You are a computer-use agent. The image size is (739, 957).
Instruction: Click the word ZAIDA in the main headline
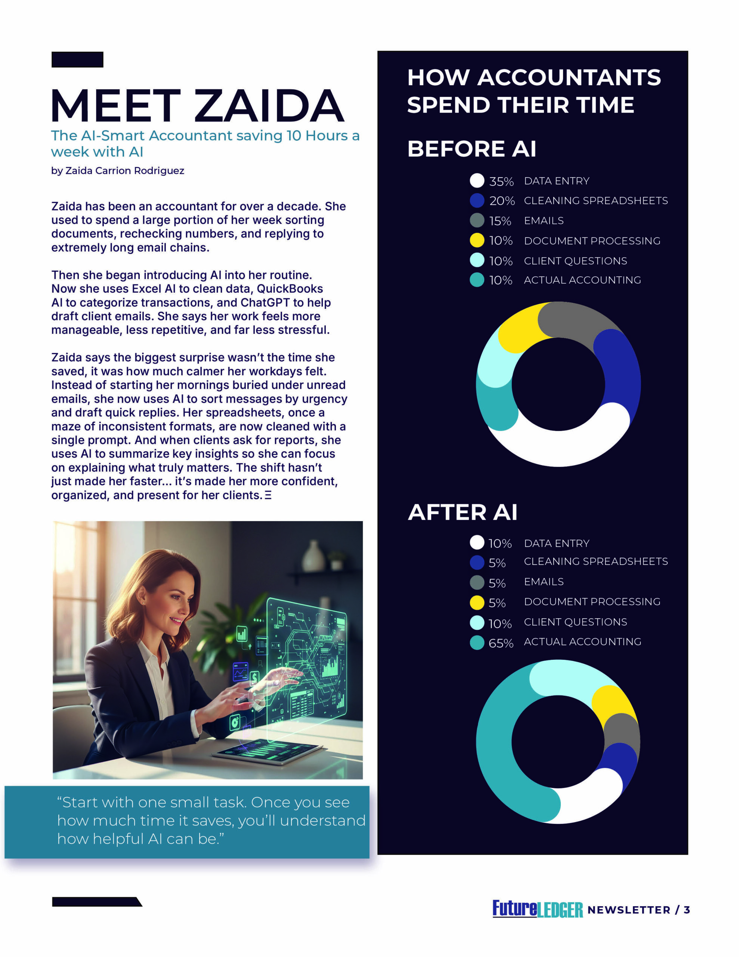269,106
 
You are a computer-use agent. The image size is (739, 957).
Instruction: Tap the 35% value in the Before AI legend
501,181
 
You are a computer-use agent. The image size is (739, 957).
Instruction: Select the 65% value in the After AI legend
501,643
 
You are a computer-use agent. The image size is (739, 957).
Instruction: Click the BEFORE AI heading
472,149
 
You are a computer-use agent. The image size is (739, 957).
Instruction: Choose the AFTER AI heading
463,512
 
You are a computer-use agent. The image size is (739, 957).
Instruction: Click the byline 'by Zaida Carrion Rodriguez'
117,170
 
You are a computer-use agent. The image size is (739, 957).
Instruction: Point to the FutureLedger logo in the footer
538,909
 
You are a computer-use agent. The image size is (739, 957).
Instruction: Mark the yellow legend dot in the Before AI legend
477,240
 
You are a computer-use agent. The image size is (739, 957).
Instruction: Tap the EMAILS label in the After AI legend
544,581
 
